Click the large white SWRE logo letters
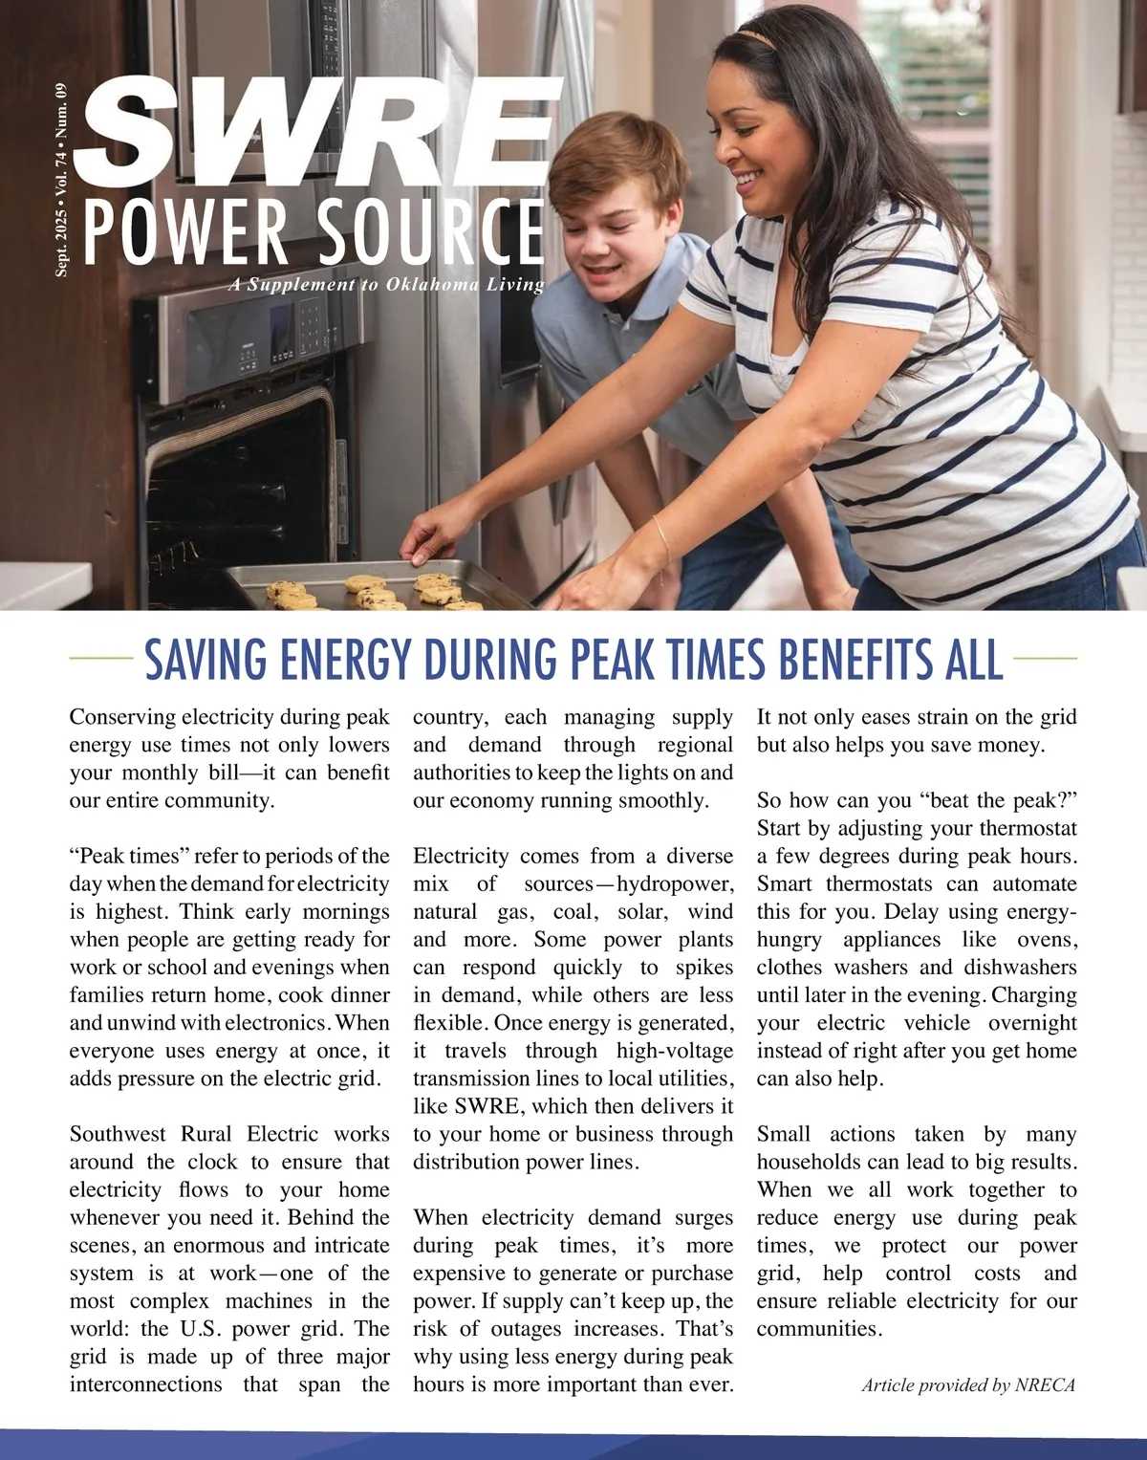[320, 129]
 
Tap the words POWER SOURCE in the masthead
[314, 231]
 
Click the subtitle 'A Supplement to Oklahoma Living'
[386, 284]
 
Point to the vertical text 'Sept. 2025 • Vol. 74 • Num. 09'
[62, 181]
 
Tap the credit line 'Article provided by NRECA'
[968, 1384]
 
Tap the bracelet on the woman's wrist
[661, 541]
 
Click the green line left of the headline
[101, 658]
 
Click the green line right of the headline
[1045, 658]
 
